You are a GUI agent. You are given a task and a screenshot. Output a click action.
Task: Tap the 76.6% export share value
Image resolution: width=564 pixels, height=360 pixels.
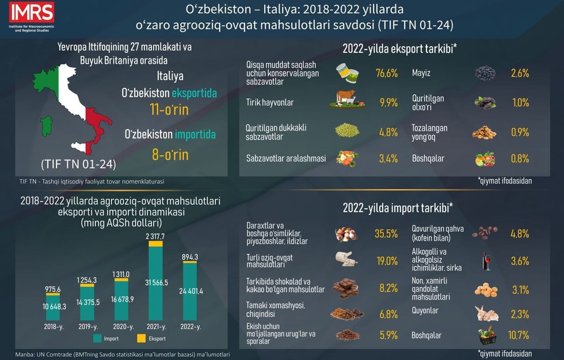tap(387, 73)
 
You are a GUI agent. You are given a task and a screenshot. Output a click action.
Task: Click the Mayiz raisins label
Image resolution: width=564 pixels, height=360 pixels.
tap(422, 73)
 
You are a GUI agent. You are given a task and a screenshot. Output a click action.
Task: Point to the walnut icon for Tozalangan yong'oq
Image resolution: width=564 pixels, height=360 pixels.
tap(484, 132)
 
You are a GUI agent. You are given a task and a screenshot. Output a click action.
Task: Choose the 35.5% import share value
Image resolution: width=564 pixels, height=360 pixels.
tap(386, 233)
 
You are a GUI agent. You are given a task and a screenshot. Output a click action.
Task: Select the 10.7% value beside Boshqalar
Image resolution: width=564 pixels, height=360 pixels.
tap(519, 335)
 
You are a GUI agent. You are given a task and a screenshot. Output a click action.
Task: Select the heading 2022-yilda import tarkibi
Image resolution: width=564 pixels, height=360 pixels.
tap(398, 207)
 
